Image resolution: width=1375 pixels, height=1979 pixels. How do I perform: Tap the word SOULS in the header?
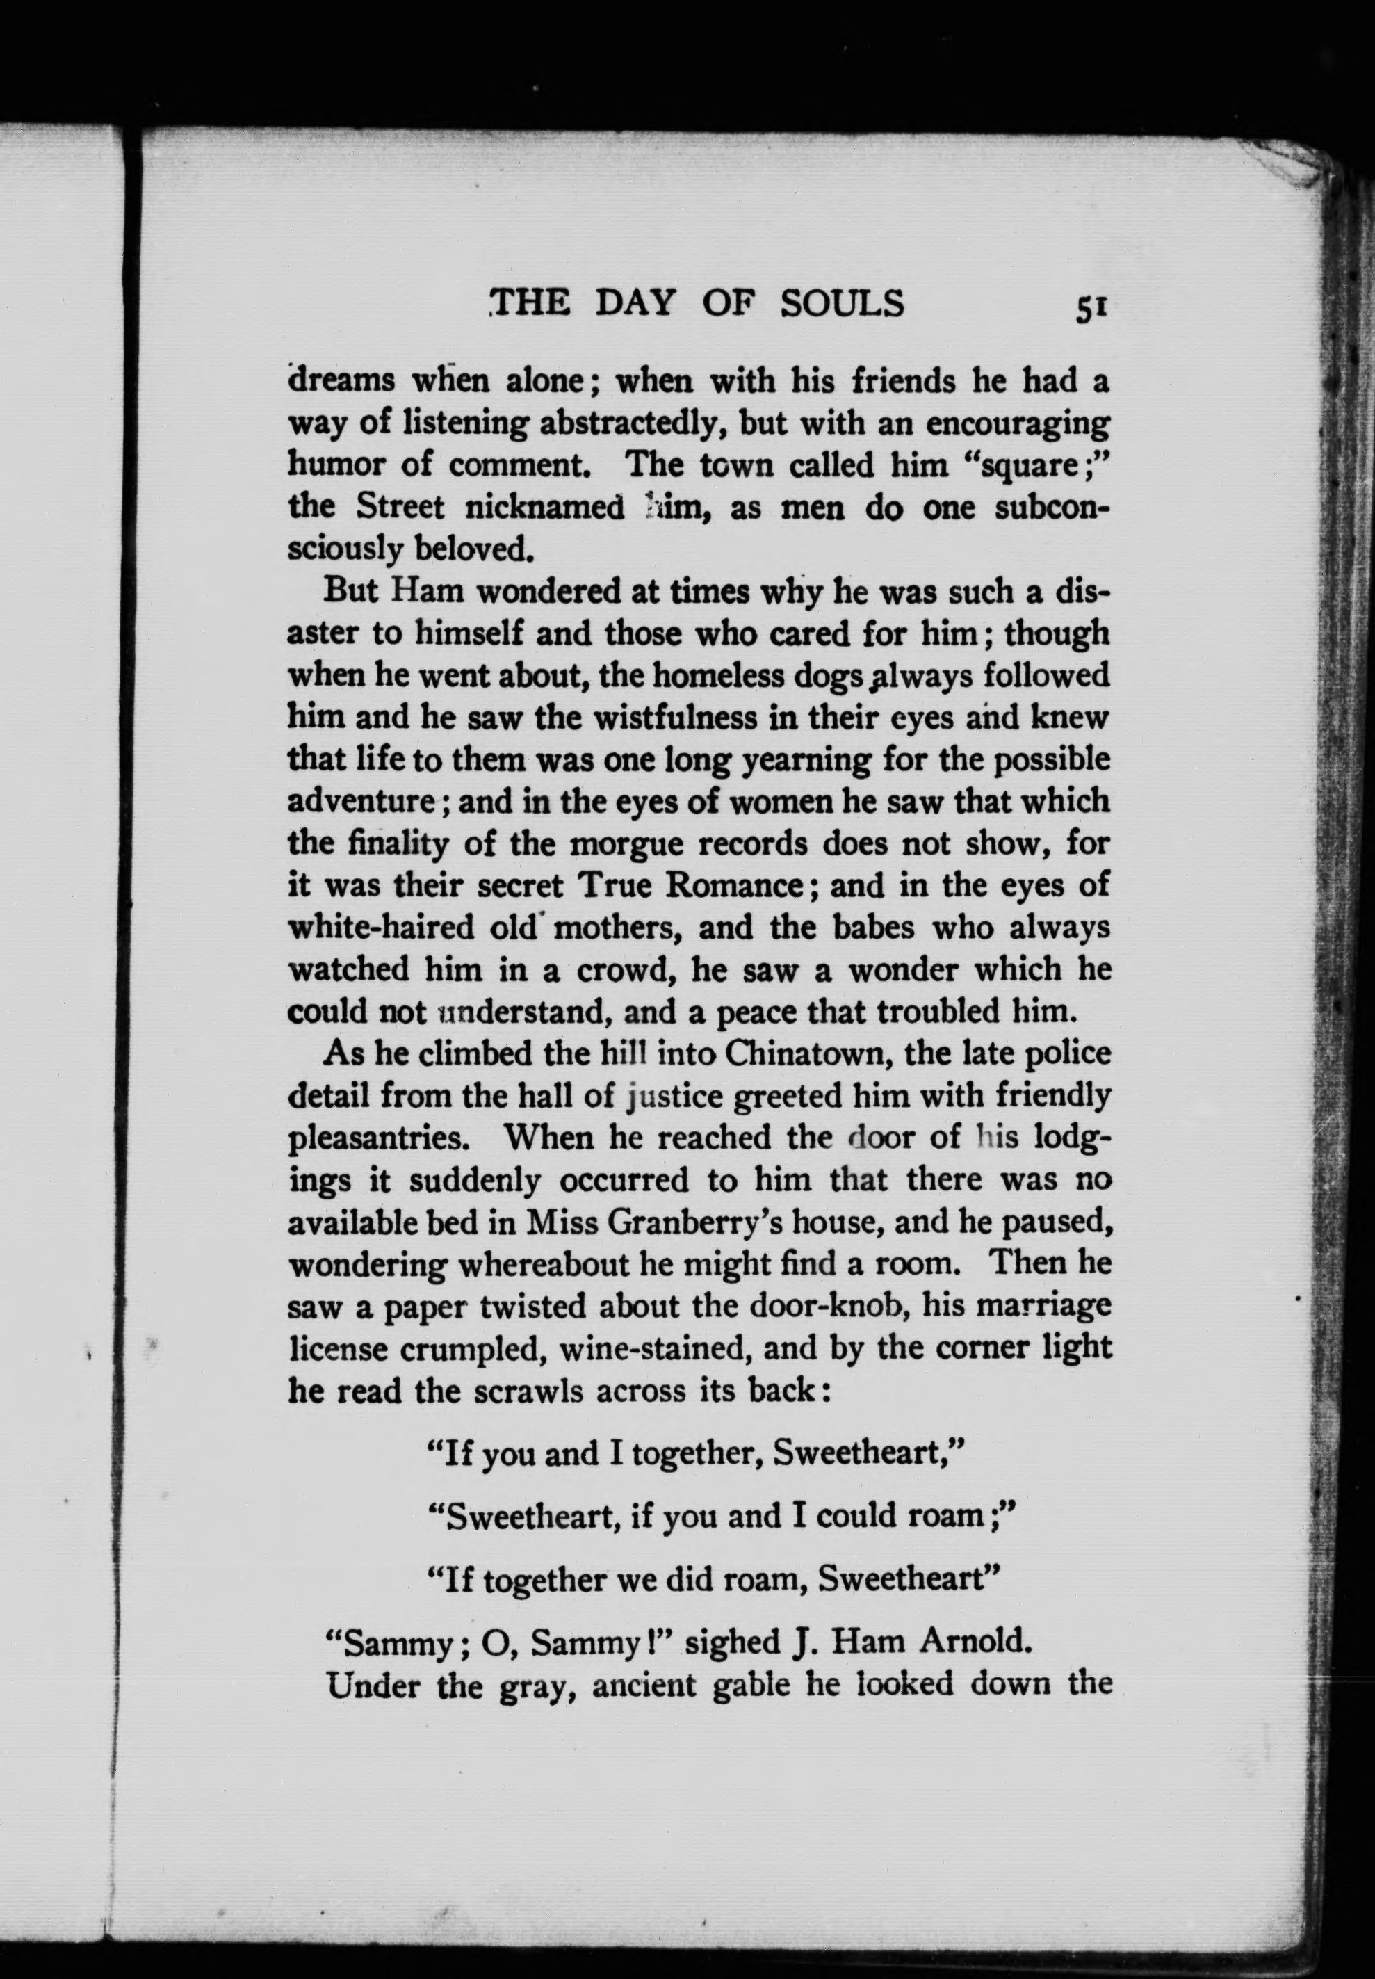[842, 303]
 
